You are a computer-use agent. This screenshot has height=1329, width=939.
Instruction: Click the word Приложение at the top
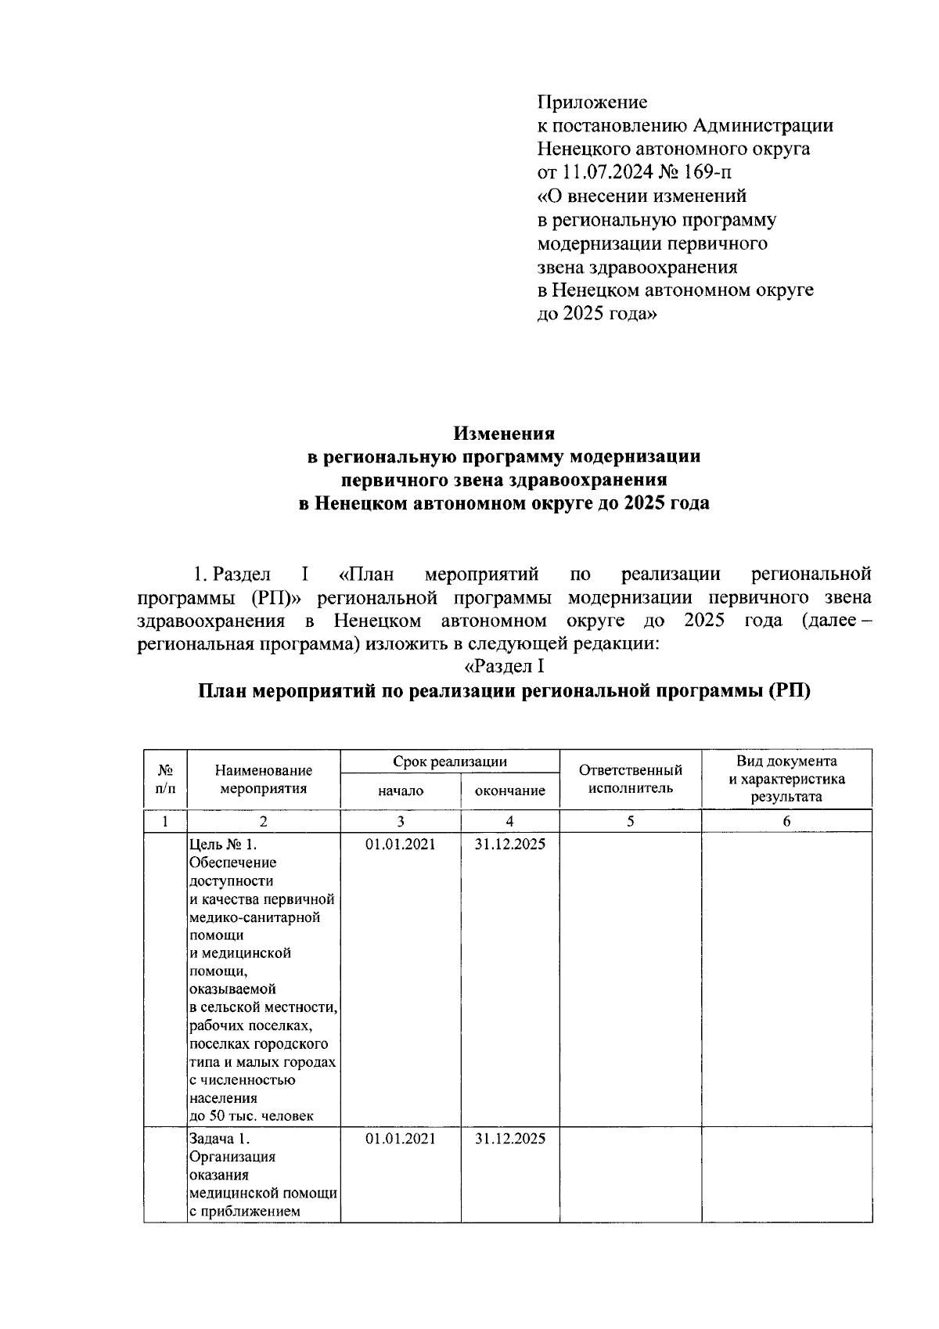(592, 102)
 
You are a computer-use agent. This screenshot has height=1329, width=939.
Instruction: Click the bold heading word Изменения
(505, 433)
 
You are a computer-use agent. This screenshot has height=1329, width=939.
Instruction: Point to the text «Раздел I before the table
(504, 667)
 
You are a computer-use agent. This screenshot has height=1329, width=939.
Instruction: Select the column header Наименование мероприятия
(263, 780)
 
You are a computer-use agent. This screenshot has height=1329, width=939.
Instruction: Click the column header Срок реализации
(449, 762)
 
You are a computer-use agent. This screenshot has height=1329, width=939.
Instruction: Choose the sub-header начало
(400, 791)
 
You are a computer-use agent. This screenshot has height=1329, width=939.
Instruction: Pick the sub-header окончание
(509, 791)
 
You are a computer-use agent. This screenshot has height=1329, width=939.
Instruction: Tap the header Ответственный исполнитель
(630, 779)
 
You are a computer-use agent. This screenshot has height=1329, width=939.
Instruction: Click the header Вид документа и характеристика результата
(786, 779)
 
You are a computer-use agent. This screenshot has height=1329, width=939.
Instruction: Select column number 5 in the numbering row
(630, 821)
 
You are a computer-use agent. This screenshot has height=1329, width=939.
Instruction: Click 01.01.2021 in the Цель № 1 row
(400, 845)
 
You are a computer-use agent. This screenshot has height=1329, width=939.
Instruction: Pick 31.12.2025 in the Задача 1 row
(509, 1139)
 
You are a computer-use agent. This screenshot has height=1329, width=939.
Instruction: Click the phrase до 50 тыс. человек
(251, 1116)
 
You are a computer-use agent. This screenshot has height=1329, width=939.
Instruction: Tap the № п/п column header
(165, 779)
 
